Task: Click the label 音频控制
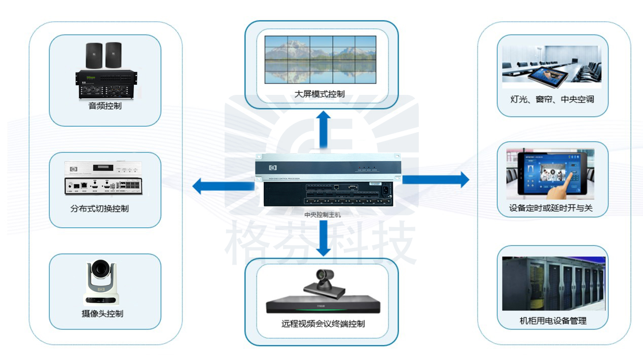[x=105, y=106]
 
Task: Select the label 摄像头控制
[x=102, y=313]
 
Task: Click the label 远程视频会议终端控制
[x=323, y=323]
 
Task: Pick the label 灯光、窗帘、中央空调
[x=552, y=99]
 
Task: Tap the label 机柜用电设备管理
[x=553, y=320]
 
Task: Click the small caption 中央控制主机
[x=323, y=214]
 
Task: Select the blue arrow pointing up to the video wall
[x=321, y=128]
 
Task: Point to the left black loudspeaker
[x=94, y=55]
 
